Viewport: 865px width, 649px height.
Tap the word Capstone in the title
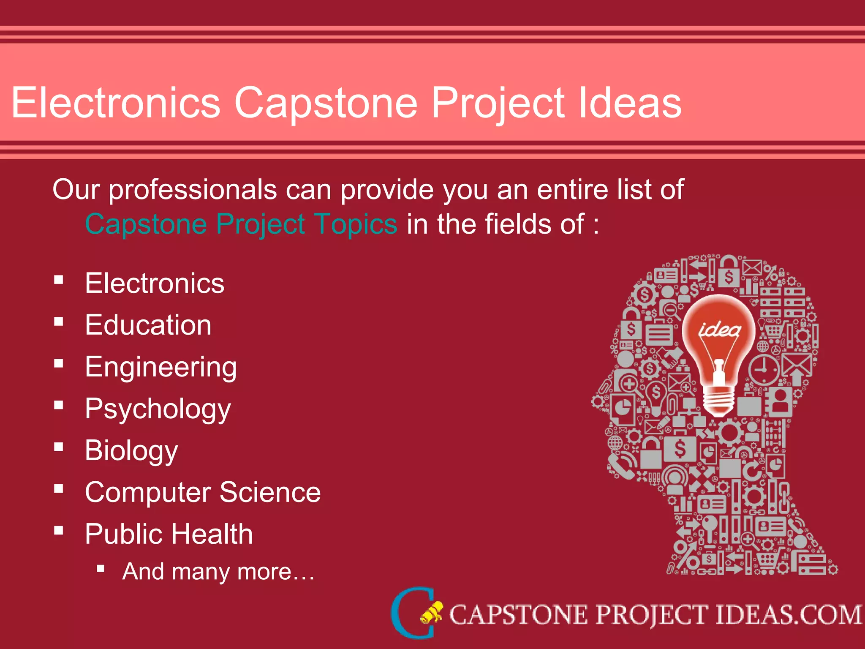[326, 103]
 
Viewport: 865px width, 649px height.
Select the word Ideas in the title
[630, 103]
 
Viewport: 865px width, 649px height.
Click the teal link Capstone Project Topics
[241, 224]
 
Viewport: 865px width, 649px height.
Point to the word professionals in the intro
[193, 189]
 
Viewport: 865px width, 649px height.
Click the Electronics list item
[155, 283]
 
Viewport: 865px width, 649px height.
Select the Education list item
[148, 325]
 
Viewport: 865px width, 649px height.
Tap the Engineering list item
[161, 367]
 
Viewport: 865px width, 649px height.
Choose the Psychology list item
[158, 409]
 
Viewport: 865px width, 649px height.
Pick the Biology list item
[131, 450]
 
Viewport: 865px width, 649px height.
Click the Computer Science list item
[203, 492]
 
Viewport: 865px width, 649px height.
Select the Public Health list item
[169, 534]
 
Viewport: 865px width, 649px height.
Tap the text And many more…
[218, 572]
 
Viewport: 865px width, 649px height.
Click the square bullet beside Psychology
[59, 405]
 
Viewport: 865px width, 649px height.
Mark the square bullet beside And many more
[101, 568]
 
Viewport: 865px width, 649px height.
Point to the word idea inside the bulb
[719, 330]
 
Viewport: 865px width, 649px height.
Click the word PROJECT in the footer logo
[651, 615]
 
